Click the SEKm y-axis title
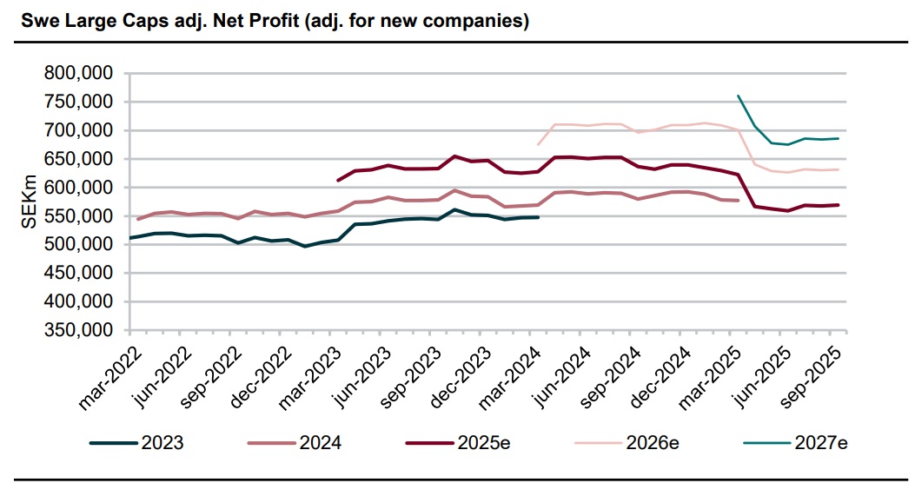(28, 202)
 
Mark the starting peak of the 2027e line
(738, 96)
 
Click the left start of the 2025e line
(337, 181)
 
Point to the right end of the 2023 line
(539, 217)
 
